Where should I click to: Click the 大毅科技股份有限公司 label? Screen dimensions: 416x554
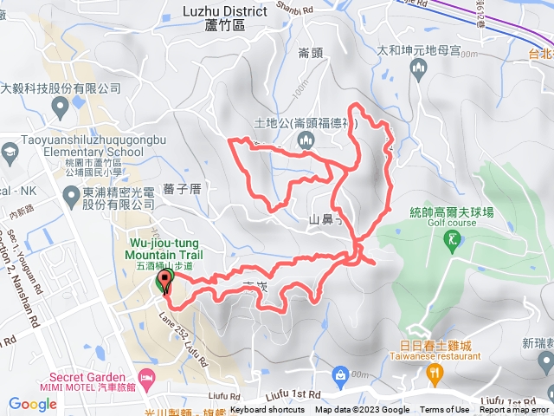click(61, 88)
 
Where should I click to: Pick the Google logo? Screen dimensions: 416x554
click(32, 404)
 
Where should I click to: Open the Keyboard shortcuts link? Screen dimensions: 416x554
click(267, 410)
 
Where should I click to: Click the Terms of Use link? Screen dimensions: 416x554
click(445, 410)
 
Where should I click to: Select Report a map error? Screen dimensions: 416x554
click(515, 410)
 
